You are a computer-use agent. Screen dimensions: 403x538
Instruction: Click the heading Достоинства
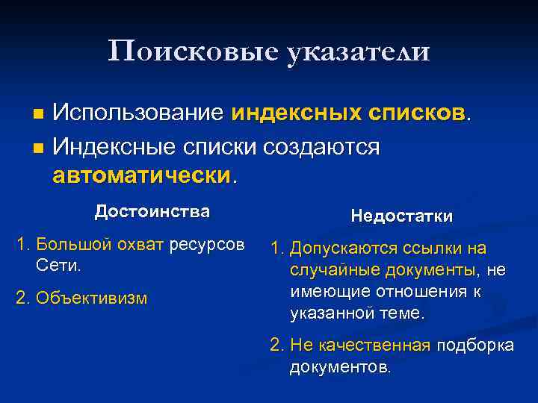pyautogui.click(x=152, y=211)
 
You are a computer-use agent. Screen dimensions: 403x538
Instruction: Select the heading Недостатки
pyautogui.click(x=401, y=216)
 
